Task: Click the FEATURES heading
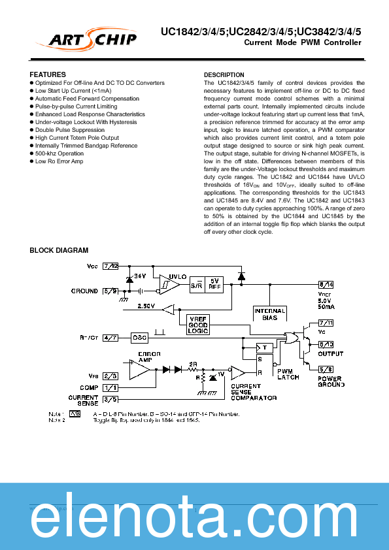[48, 75]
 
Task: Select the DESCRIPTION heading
[224, 75]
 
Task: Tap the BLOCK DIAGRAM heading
[59, 250]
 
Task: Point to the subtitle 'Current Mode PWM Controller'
[302, 43]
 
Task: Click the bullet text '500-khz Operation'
[59, 154]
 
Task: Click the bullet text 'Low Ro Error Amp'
[59, 161]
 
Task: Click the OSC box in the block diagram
[140, 337]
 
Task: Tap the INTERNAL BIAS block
[269, 314]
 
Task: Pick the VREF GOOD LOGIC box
[197, 325]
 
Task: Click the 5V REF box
[214, 284]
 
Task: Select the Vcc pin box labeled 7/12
[111, 267]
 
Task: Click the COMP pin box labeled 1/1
[111, 387]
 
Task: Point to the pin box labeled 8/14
[326, 284]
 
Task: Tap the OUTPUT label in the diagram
[330, 353]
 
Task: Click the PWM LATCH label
[288, 374]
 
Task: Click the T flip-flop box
[264, 347]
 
